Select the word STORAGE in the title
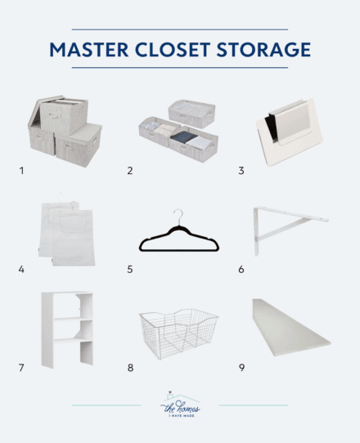pos(271,50)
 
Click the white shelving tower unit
pos(68,329)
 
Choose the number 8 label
pos(129,368)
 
